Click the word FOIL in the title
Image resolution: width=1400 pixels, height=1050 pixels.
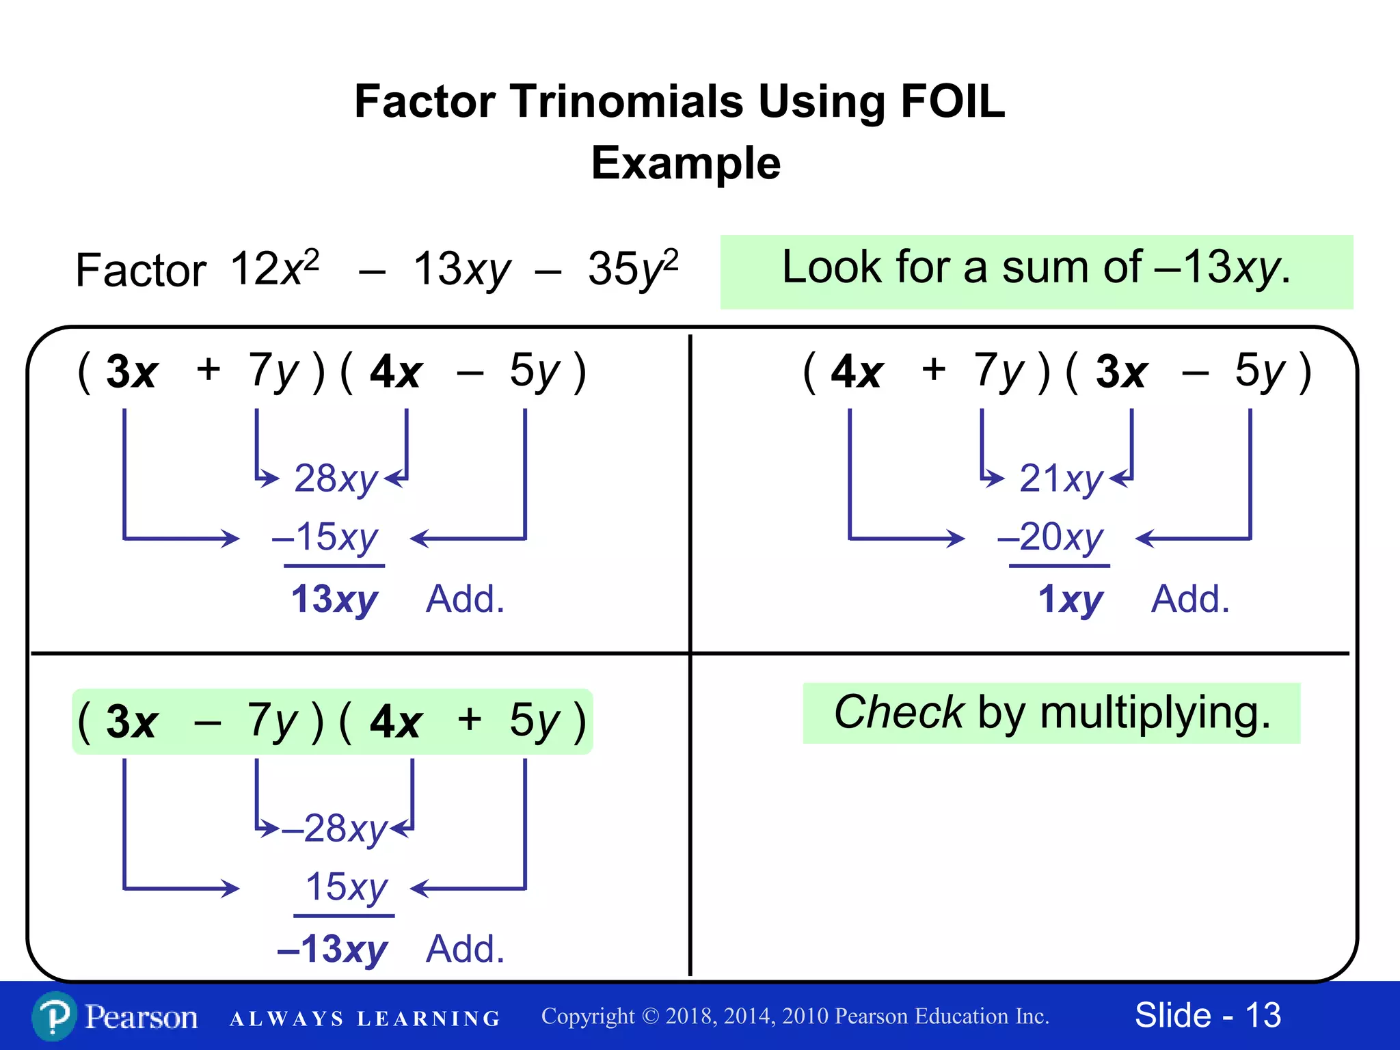[x=952, y=102]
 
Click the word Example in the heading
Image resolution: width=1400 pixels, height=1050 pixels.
[x=686, y=163]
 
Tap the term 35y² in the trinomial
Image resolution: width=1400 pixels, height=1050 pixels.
[x=632, y=269]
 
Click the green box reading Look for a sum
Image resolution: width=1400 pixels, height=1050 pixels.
[x=1036, y=271]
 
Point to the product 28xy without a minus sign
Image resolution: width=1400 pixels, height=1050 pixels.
[x=336, y=478]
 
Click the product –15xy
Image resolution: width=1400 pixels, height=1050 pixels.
[x=325, y=537]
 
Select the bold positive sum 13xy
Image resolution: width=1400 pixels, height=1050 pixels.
[x=334, y=600]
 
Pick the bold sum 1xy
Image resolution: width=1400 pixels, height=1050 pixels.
[x=1070, y=600]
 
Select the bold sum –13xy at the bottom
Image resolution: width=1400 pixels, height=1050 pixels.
[x=333, y=950]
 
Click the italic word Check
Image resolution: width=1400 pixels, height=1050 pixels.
[x=899, y=712]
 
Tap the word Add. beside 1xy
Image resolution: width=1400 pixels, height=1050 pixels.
[x=1190, y=600]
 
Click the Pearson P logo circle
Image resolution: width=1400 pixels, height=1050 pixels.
[x=54, y=1017]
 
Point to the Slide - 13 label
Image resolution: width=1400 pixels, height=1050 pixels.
[x=1207, y=1015]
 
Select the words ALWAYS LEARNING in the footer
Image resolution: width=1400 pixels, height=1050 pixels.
[x=364, y=1019]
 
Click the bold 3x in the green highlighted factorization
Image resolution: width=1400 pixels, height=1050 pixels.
[x=132, y=722]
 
